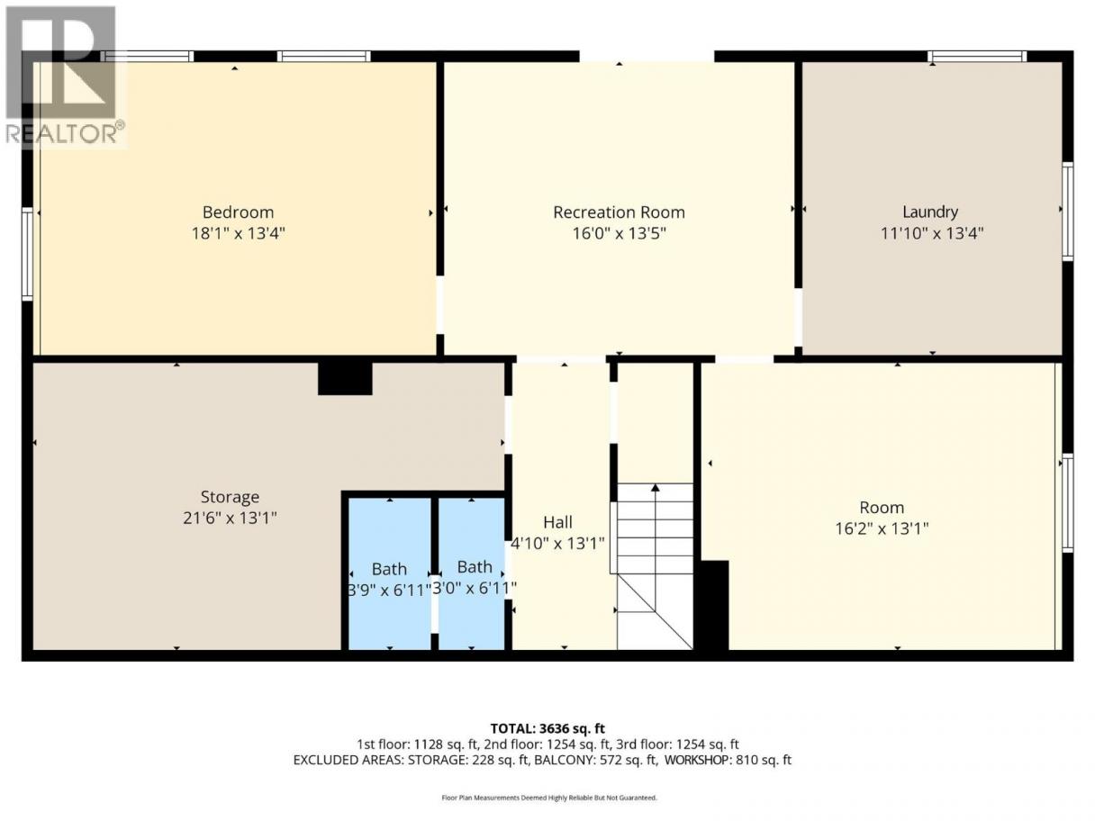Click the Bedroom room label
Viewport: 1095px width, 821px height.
238,212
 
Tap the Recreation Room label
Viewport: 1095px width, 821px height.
619,212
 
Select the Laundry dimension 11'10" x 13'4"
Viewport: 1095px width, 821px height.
931,233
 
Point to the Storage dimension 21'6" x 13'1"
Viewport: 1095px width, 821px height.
230,519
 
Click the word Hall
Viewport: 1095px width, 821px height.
557,522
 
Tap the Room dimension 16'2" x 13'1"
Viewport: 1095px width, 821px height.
882,528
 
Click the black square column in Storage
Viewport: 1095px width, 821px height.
345,378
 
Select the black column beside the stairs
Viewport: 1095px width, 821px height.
712,606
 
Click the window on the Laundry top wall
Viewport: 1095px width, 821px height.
977,57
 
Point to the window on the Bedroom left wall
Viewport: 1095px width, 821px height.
27,254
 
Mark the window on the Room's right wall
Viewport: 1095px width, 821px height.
1067,502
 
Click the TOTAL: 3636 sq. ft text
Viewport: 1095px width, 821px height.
547,729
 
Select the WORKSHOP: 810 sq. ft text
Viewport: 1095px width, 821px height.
728,760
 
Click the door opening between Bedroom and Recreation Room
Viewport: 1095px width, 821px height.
440,305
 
